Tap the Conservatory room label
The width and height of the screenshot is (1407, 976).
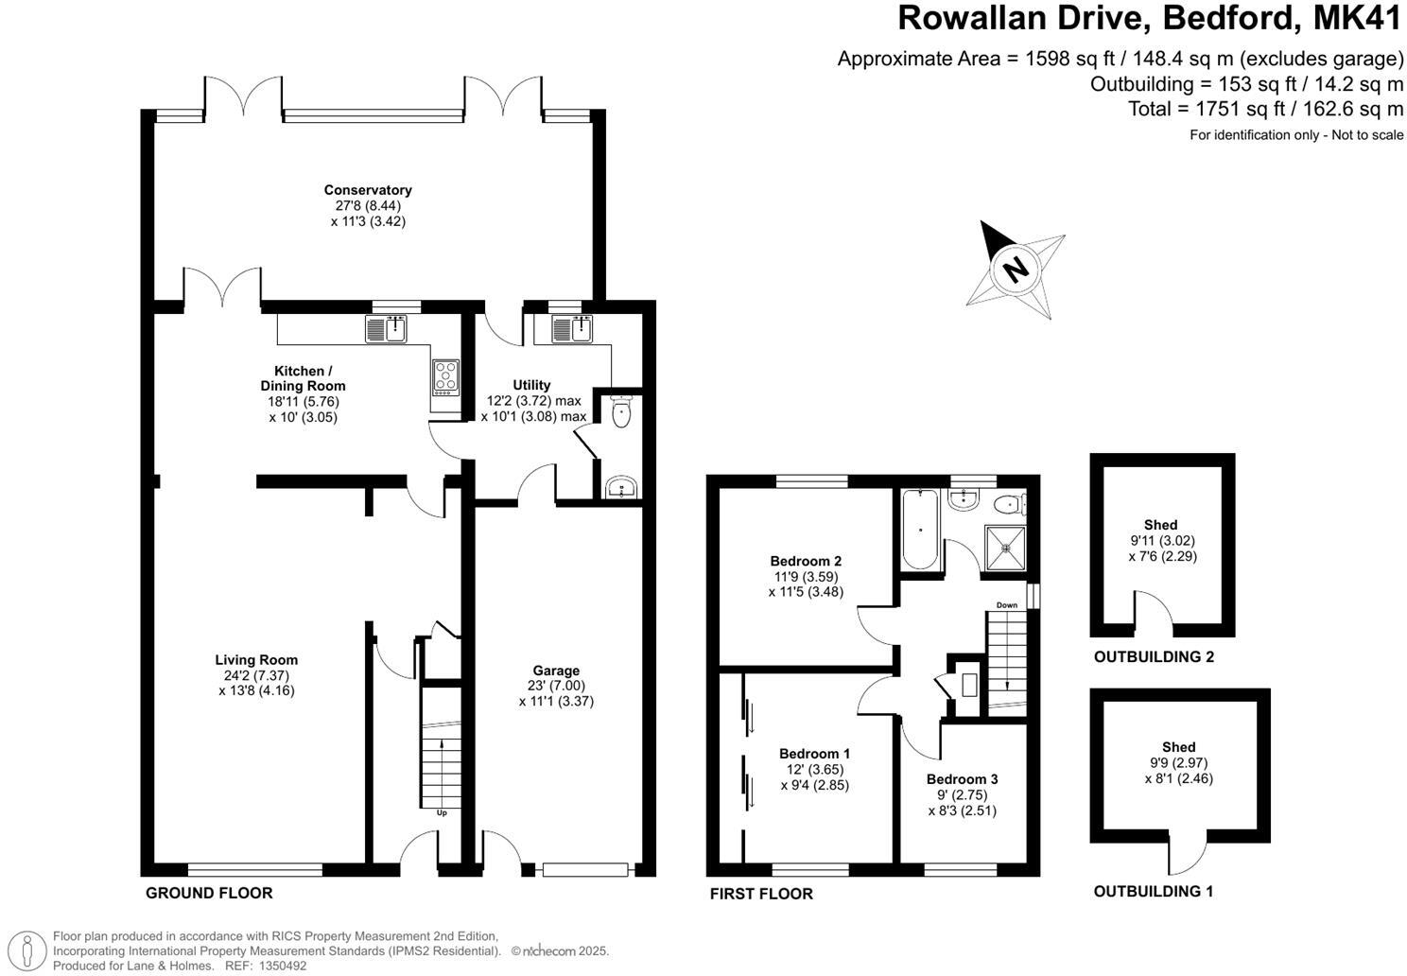click(x=367, y=190)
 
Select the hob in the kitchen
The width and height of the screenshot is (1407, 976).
click(x=444, y=376)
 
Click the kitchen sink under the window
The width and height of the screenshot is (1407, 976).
click(x=385, y=329)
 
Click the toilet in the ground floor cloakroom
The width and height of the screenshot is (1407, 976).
click(x=621, y=413)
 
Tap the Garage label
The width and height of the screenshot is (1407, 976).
click(x=556, y=671)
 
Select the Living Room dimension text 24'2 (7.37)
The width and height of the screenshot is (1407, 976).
click(x=255, y=675)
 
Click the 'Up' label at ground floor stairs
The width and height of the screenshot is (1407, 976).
click(x=442, y=812)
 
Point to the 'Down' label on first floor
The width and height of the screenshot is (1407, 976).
click(x=1007, y=605)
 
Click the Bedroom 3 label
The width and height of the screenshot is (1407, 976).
click(x=962, y=779)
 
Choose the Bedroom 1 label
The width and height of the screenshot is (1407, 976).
click(x=814, y=754)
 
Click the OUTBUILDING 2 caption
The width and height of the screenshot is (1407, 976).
click(x=1154, y=656)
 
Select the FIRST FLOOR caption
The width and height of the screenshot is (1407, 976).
click(x=761, y=894)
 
